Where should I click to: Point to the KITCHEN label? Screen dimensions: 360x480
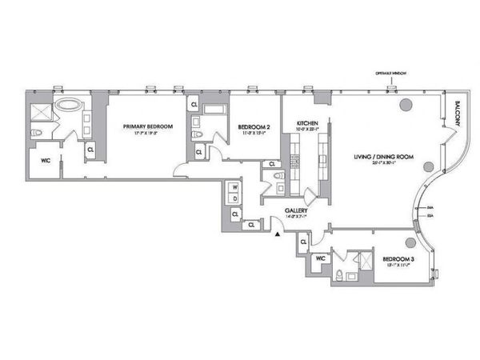coord(307,124)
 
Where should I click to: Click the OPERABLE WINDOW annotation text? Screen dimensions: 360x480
coord(392,74)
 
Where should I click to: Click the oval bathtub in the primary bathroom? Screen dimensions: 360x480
coord(69,105)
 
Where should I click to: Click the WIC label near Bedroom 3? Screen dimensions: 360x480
coord(320,259)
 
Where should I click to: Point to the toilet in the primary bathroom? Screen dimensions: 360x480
coord(34,133)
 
